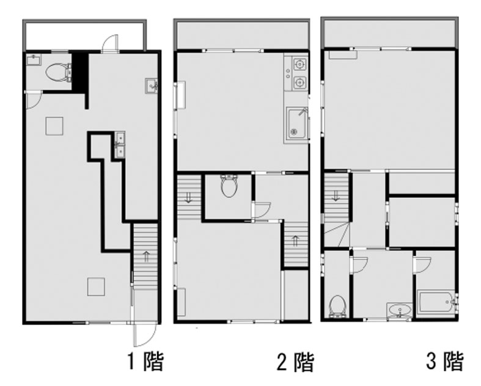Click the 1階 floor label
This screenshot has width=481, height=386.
[x=145, y=362]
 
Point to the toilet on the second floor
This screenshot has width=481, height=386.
[x=229, y=186]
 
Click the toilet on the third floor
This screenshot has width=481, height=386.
[x=337, y=306]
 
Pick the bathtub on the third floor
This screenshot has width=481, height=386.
[x=436, y=304]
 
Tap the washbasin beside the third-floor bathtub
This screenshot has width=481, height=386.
[x=399, y=311]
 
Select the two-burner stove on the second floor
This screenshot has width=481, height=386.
[x=298, y=73]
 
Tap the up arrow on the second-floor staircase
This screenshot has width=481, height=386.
[x=295, y=241]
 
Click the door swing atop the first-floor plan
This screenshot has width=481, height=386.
[x=110, y=42]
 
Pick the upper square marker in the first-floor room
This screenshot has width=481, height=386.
[x=54, y=125]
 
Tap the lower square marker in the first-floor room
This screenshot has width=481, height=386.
[x=96, y=286]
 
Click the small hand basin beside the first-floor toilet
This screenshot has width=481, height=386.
[x=32, y=59]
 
